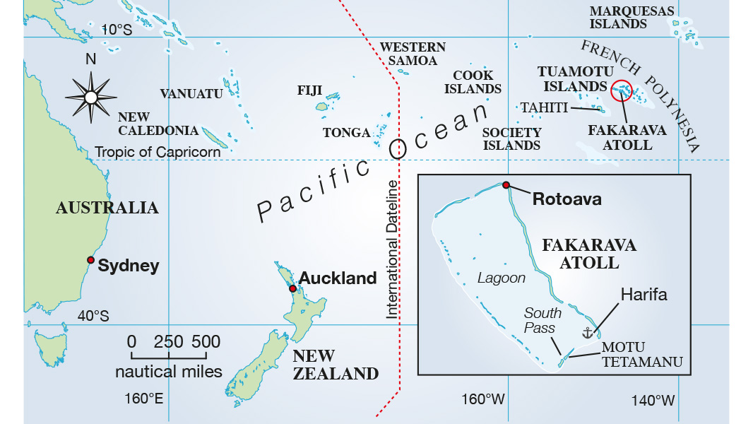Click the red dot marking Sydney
pyautogui.click(x=90, y=260)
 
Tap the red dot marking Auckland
pyautogui.click(x=292, y=288)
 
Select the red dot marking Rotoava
pyautogui.click(x=506, y=185)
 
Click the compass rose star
pyautogui.click(x=90, y=97)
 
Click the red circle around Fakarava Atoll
pyautogui.click(x=622, y=90)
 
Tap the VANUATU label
pyautogui.click(x=191, y=94)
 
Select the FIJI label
pyautogui.click(x=309, y=90)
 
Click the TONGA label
pyautogui.click(x=346, y=133)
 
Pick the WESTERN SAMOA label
pyautogui.click(x=413, y=54)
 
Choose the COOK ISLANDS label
pyautogui.click(x=473, y=82)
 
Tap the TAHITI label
pyautogui.click(x=544, y=107)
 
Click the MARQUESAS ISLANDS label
pyautogui.click(x=618, y=17)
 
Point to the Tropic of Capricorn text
pyautogui.click(x=158, y=152)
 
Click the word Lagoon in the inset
pyautogui.click(x=501, y=278)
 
